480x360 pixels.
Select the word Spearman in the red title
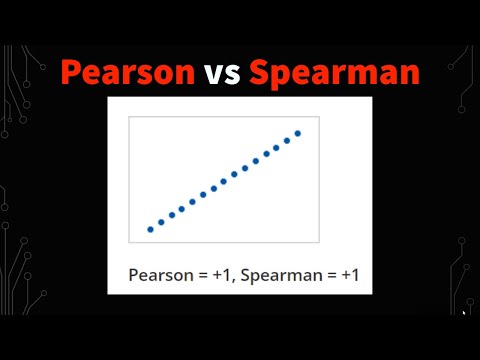pyautogui.click(x=334, y=73)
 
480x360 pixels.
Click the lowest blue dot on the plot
pyautogui.click(x=151, y=229)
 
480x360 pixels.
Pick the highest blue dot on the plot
pyautogui.click(x=298, y=133)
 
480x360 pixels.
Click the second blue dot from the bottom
pyautogui.click(x=161, y=222)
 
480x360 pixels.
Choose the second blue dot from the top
pyautogui.click(x=287, y=140)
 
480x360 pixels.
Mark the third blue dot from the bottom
pyautogui.click(x=172, y=215)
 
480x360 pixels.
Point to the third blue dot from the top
pyautogui.click(x=277, y=147)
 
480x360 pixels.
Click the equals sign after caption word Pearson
pyautogui.click(x=203, y=275)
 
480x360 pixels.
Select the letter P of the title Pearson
pyautogui.click(x=71, y=72)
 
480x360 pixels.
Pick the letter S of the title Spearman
pyautogui.click(x=260, y=72)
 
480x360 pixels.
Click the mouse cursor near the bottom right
pyautogui.click(x=464, y=312)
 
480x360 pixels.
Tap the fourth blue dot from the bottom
pyautogui.click(x=182, y=209)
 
